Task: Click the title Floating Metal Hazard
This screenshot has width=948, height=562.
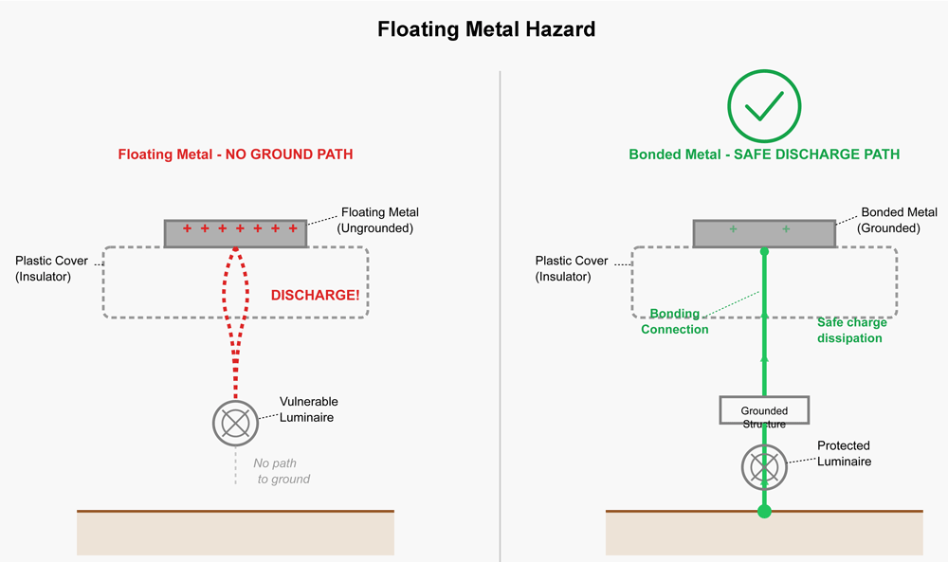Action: coord(486,29)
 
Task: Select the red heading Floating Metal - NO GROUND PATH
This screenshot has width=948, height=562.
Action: coord(235,154)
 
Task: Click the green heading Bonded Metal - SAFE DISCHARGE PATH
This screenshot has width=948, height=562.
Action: coord(764,154)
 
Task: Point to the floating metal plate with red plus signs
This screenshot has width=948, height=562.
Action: coord(235,233)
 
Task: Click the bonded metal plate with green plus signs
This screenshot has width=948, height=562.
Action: coord(764,233)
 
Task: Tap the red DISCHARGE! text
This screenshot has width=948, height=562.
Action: coord(315,296)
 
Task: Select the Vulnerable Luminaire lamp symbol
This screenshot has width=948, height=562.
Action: coord(235,422)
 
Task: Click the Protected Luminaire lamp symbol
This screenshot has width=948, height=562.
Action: coord(764,467)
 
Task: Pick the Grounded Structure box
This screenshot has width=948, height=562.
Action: coord(764,410)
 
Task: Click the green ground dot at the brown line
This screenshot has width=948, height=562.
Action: coord(764,512)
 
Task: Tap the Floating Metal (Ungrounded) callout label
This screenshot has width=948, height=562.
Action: coord(379,220)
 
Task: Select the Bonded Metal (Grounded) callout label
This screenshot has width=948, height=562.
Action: coord(899,220)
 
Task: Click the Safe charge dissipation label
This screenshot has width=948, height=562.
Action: coord(850,330)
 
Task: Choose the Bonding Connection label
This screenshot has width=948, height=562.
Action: coord(675,321)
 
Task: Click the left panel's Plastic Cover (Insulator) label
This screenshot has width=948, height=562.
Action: coord(51,268)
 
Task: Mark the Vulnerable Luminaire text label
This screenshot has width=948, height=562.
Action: coord(308,409)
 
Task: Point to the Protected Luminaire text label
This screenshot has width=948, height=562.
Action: coord(844,453)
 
